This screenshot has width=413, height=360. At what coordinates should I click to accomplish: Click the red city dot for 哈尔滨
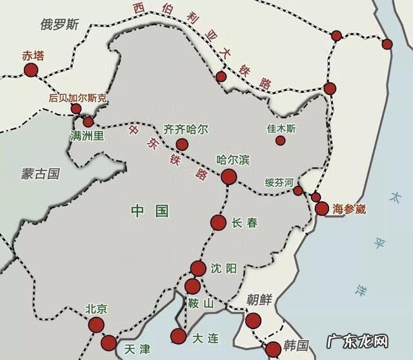point(228,177)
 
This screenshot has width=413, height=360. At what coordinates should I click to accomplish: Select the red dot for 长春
point(218,223)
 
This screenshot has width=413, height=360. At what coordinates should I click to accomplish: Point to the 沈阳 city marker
point(198,268)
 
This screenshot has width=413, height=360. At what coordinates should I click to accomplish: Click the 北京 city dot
point(96,325)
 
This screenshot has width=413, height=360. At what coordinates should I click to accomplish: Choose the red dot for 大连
point(178,335)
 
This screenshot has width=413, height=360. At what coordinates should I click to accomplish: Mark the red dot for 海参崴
point(322,208)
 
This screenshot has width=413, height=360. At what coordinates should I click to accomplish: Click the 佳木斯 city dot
point(280,140)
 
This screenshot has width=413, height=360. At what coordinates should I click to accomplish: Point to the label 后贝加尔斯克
point(78,99)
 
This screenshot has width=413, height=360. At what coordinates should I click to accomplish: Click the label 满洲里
point(87,137)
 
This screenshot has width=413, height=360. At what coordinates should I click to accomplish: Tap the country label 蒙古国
point(39,173)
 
